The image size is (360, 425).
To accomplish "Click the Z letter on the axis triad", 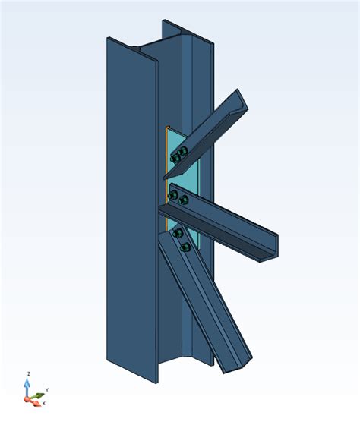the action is [x=29, y=373].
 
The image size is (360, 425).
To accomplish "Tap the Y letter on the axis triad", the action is [x=47, y=390].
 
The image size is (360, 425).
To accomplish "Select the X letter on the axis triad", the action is [x=44, y=403].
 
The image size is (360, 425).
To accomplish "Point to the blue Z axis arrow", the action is [x=27, y=387].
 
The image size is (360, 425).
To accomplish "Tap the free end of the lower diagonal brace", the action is [x=238, y=364].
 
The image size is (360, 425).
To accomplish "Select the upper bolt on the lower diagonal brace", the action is [x=178, y=233].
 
